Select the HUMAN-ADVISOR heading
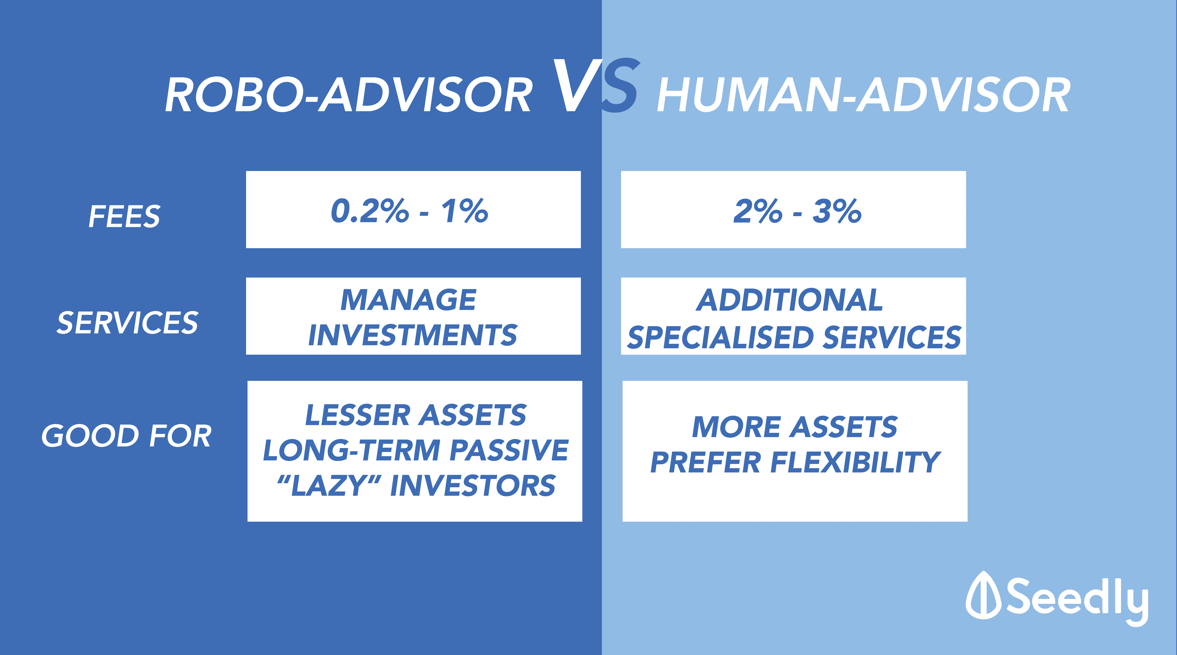pos(863,95)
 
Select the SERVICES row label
pos(128,323)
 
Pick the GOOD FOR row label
pos(127,436)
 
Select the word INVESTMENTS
pos(413,335)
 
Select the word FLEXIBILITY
pos(855,462)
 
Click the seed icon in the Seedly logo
pos(984,595)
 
